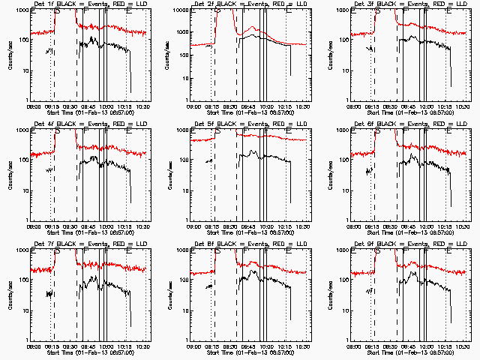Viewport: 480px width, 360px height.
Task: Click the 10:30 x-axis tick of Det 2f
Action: [302, 106]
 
